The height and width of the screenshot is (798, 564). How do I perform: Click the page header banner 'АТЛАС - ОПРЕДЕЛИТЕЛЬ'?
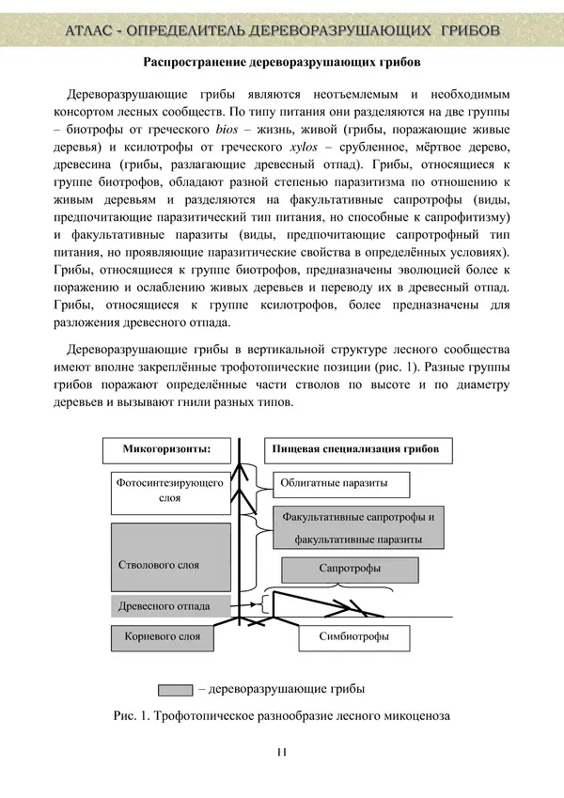[x=282, y=30]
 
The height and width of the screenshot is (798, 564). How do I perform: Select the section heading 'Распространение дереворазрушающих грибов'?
[x=281, y=63]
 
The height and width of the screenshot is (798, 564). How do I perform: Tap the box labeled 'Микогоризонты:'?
[x=166, y=449]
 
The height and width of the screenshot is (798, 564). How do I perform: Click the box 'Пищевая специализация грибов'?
[x=355, y=449]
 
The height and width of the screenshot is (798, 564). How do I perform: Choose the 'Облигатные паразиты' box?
[x=343, y=484]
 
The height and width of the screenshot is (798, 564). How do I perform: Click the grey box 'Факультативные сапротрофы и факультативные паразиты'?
[x=358, y=528]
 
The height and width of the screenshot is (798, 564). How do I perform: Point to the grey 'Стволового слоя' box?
[x=171, y=556]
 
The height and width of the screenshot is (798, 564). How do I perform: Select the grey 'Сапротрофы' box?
[x=350, y=570]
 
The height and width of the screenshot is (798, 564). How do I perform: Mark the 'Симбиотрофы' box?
[x=356, y=637]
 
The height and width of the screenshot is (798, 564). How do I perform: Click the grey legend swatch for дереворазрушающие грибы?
[x=176, y=689]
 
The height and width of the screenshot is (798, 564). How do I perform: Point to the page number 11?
[x=281, y=751]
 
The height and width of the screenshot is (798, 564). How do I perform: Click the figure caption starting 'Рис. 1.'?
[x=282, y=716]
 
